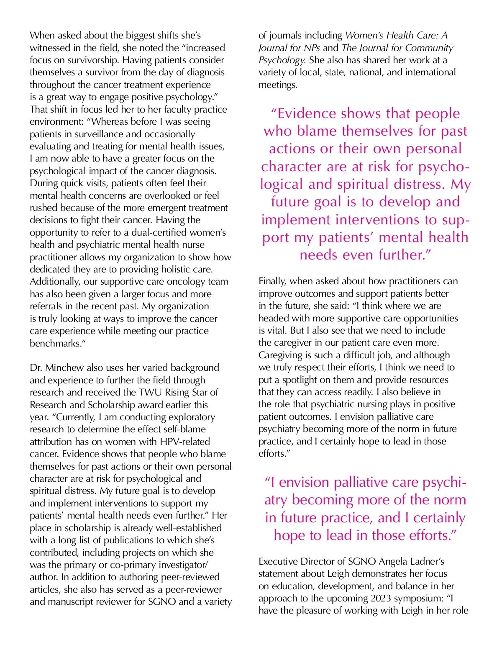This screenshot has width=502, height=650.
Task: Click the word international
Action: [x=429, y=72]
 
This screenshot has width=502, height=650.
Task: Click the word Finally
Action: [x=272, y=281]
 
